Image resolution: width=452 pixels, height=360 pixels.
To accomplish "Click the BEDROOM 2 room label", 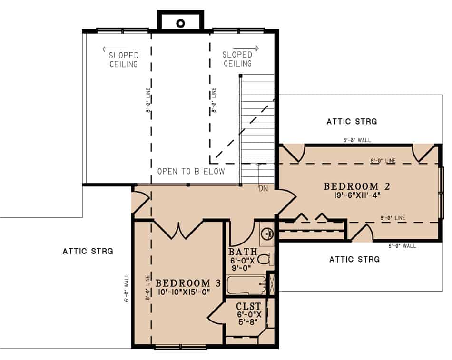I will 358,186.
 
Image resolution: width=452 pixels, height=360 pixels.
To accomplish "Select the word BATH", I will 243,252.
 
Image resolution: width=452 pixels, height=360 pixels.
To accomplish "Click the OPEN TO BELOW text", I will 191,171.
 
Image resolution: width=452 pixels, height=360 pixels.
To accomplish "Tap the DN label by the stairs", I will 263,189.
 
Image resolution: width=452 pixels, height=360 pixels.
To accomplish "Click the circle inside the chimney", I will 181,22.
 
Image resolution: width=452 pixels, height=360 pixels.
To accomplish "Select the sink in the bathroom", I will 267,233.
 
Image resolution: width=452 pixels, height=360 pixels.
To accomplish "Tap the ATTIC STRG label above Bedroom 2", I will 352,122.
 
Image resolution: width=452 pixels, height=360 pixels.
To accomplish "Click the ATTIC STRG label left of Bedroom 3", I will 88,251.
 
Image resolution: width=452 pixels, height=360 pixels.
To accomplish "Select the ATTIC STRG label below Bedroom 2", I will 354,259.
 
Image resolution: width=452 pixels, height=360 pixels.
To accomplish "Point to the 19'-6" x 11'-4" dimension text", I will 358,195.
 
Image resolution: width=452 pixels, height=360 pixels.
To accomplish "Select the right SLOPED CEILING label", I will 237,59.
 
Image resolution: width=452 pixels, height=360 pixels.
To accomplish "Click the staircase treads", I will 258,128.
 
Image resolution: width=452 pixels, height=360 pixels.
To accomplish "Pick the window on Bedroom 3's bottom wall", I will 180,347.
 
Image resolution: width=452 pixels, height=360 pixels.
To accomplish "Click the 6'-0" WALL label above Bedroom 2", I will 357,140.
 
